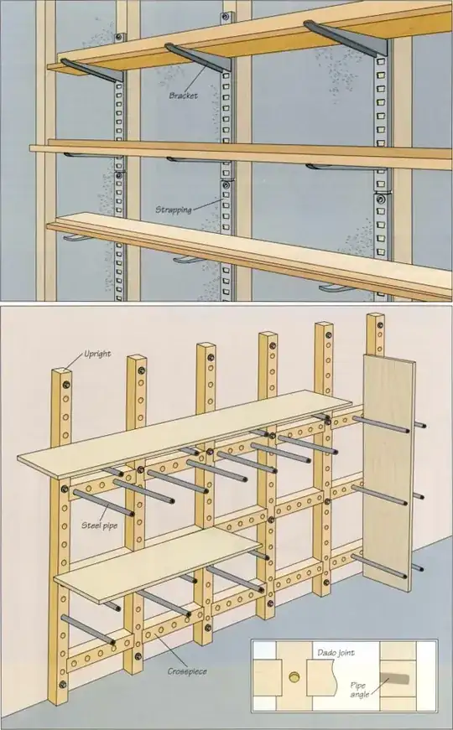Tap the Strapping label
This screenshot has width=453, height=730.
[x=174, y=208]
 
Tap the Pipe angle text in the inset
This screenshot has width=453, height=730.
[x=362, y=690]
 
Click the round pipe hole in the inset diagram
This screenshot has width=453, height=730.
[x=294, y=676]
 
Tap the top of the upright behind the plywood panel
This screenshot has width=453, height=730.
[x=375, y=320]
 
